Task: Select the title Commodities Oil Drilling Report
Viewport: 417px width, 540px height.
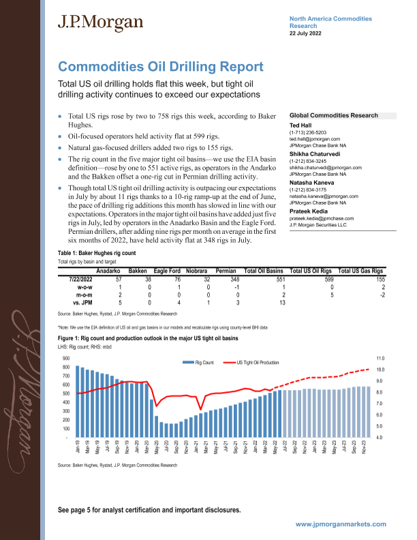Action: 161,67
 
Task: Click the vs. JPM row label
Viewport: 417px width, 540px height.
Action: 82,284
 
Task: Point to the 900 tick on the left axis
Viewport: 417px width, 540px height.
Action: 65,358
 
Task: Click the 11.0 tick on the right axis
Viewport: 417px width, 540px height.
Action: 380,358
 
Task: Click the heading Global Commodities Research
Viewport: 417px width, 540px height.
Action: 334,116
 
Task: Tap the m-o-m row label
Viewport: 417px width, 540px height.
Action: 83,276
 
